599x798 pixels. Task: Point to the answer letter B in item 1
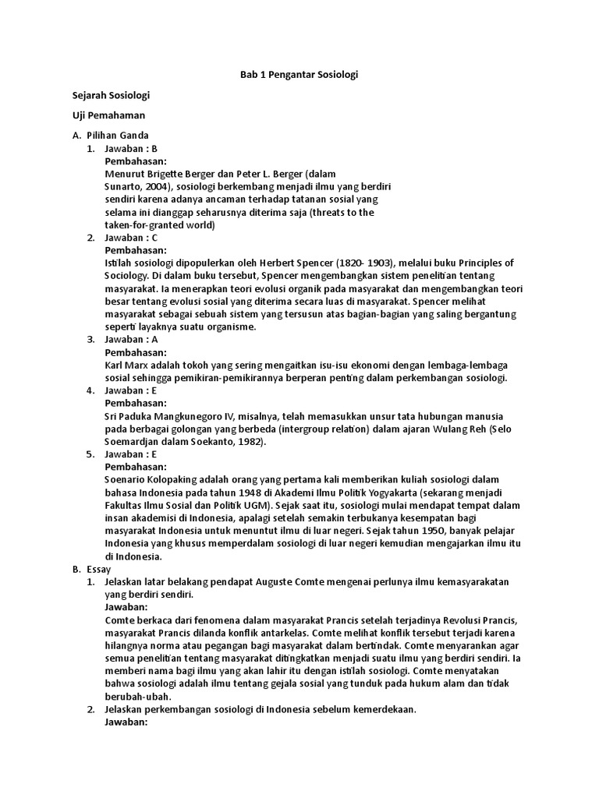tap(154, 149)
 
